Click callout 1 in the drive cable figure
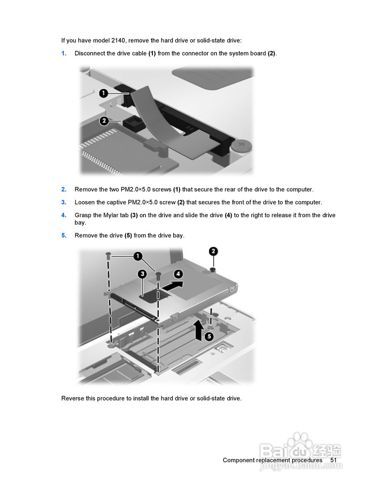104,93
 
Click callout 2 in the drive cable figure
104,121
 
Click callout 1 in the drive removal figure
138,256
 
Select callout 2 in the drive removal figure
213,251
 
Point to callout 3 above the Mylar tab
142,274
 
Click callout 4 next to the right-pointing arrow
178,274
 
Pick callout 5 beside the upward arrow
209,336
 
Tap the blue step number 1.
64,54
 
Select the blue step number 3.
64,202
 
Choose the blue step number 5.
64,235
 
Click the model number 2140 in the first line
118,41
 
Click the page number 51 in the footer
333,460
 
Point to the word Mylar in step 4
111,215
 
